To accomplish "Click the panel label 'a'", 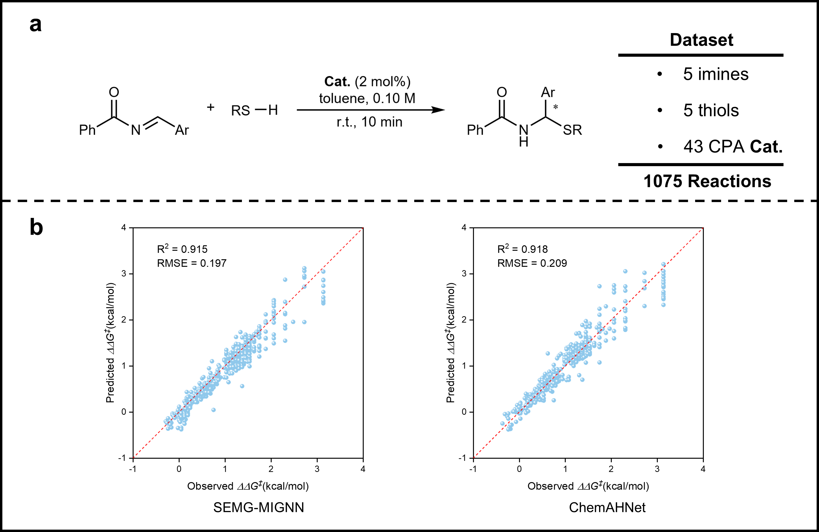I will (35, 25).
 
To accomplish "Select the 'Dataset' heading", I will (701, 40).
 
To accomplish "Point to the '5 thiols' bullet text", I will (711, 111).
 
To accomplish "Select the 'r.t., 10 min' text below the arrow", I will (369, 122).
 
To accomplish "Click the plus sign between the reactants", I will (211, 108).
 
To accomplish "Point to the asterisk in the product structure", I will (555, 107).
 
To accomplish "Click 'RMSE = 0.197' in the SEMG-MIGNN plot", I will (192, 263).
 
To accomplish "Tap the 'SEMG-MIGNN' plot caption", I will (258, 507).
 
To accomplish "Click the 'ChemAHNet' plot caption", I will (607, 507).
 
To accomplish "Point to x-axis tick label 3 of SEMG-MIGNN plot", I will (317, 469).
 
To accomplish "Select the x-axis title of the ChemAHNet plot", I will (588, 486).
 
